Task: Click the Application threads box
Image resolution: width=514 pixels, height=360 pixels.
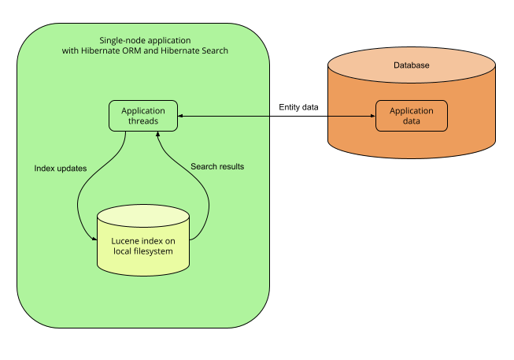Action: [x=142, y=116]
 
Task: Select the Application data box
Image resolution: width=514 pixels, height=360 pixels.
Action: [x=411, y=116]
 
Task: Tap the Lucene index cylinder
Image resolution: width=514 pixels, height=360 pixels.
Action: [x=142, y=240]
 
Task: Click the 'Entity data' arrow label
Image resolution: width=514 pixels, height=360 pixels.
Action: [x=299, y=106]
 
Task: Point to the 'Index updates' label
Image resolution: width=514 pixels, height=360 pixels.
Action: [x=61, y=168]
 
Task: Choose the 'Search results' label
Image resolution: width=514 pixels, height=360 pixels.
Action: [x=217, y=167]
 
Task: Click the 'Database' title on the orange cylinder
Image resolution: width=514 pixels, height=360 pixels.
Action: [x=411, y=65]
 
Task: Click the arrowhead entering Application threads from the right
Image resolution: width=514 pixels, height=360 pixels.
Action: [x=180, y=117]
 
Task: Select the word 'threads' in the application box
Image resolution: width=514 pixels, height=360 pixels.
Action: [x=143, y=121]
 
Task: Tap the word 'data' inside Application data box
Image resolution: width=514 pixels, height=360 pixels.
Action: [x=412, y=121]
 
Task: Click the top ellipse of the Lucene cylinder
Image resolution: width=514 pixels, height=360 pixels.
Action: [x=142, y=215]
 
